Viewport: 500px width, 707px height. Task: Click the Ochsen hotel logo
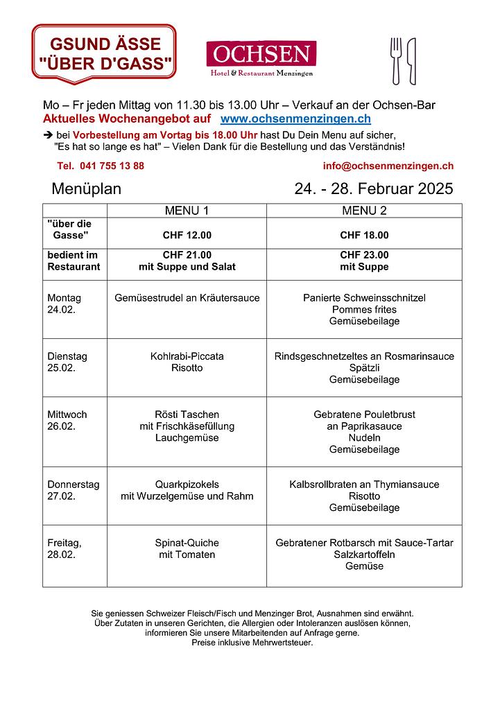[261, 59]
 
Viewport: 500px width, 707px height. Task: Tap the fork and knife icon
[403, 61]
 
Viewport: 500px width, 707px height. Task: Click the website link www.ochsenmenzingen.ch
[295, 119]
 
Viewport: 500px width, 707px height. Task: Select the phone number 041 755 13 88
[101, 166]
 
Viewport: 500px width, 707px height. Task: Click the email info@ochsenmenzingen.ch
[388, 166]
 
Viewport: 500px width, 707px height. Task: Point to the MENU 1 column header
[187, 211]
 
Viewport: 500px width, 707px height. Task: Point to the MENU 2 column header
[364, 211]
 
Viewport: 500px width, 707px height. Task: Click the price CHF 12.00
[187, 235]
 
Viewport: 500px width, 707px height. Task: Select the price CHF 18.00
[364, 235]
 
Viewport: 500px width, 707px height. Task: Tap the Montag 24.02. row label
[64, 304]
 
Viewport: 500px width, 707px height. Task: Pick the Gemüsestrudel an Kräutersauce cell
[187, 298]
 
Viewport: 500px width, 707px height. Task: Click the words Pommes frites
[364, 310]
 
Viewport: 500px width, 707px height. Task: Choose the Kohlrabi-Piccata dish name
[187, 356]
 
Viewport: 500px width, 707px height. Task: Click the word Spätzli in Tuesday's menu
[364, 368]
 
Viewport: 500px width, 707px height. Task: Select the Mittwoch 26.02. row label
[67, 420]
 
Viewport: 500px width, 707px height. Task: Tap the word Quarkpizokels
[187, 485]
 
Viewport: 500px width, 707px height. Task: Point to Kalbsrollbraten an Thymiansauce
[364, 485]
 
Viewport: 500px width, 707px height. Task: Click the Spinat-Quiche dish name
[187, 543]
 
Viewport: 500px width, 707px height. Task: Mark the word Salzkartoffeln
[364, 555]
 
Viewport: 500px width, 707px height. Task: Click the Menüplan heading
[86, 189]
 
